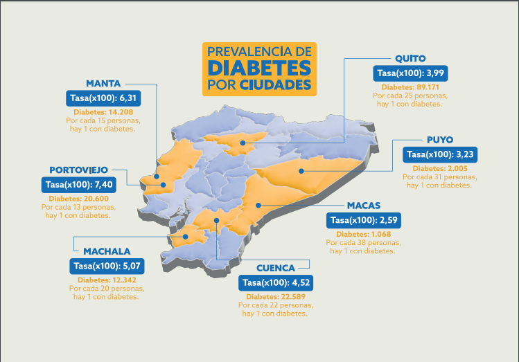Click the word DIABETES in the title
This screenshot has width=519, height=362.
(258, 68)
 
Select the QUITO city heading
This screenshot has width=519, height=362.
(410, 58)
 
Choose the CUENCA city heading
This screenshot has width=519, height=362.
(276, 268)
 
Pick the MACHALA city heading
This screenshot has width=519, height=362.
(107, 251)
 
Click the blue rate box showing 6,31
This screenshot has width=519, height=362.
(104, 98)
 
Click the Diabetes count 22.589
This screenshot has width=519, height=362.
(276, 297)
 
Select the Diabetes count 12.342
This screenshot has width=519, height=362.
(107, 280)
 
